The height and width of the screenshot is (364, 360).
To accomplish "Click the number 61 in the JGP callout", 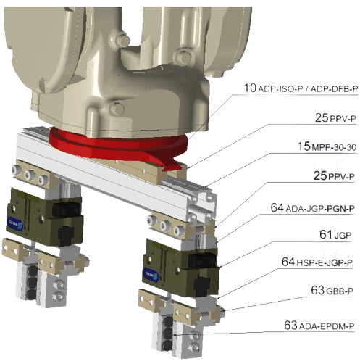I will pyautogui.click(x=325, y=234).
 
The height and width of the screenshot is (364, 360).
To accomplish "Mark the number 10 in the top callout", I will pyautogui.click(x=250, y=88).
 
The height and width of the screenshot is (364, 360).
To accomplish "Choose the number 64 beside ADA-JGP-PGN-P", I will pyautogui.click(x=278, y=208).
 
